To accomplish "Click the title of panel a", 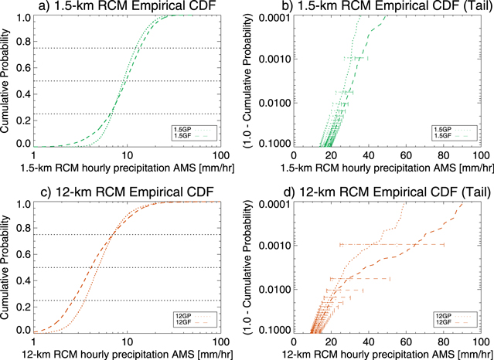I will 127,7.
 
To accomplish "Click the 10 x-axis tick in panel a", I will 127,155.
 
